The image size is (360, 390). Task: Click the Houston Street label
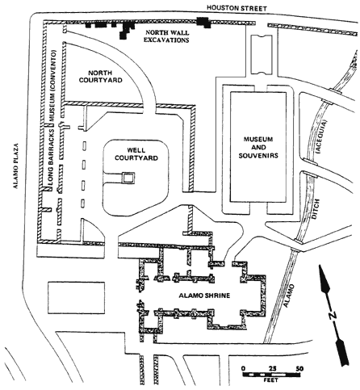point(237,8)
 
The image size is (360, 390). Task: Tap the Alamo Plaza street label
point(16,166)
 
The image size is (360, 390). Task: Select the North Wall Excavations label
point(167,36)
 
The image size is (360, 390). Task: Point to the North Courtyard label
point(101,77)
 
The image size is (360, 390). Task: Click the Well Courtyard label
point(136,154)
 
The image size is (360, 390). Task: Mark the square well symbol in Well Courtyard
point(128,178)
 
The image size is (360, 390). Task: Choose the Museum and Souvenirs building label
point(258,147)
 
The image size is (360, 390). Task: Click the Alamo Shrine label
point(204,296)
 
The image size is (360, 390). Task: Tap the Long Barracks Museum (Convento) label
point(52,119)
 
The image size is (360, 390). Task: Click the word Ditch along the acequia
point(316,209)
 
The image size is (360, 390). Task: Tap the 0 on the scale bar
point(243,368)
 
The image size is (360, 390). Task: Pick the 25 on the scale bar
point(273,368)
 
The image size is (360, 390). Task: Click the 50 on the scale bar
point(299,368)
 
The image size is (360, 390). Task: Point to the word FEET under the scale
point(271,380)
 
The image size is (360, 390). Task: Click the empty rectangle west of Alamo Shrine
point(77,298)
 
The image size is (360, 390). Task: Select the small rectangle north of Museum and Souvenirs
point(262,54)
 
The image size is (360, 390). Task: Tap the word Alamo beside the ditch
point(290,296)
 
